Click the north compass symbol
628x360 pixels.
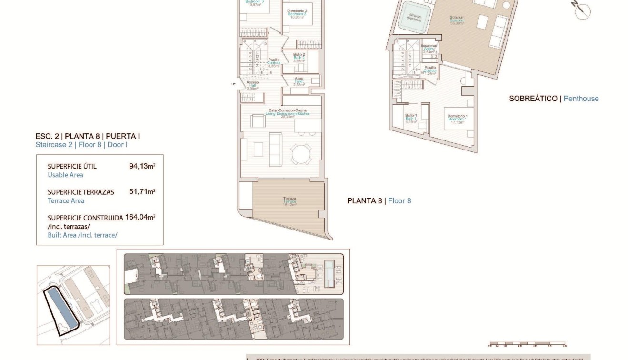(582, 10)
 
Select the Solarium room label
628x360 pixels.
(457, 20)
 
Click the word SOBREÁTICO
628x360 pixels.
(533, 99)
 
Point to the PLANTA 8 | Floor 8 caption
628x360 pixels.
(379, 201)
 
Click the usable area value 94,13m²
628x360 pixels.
(142, 167)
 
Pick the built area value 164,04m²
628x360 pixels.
(140, 217)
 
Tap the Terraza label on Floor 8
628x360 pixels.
(289, 200)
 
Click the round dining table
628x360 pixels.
(301, 154)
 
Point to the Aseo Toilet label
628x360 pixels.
(299, 81)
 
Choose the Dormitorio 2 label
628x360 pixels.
(297, 12)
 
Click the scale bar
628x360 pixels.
(527, 343)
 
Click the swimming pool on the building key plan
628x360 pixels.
(329, 274)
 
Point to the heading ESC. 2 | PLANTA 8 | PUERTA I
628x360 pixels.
(87, 136)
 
